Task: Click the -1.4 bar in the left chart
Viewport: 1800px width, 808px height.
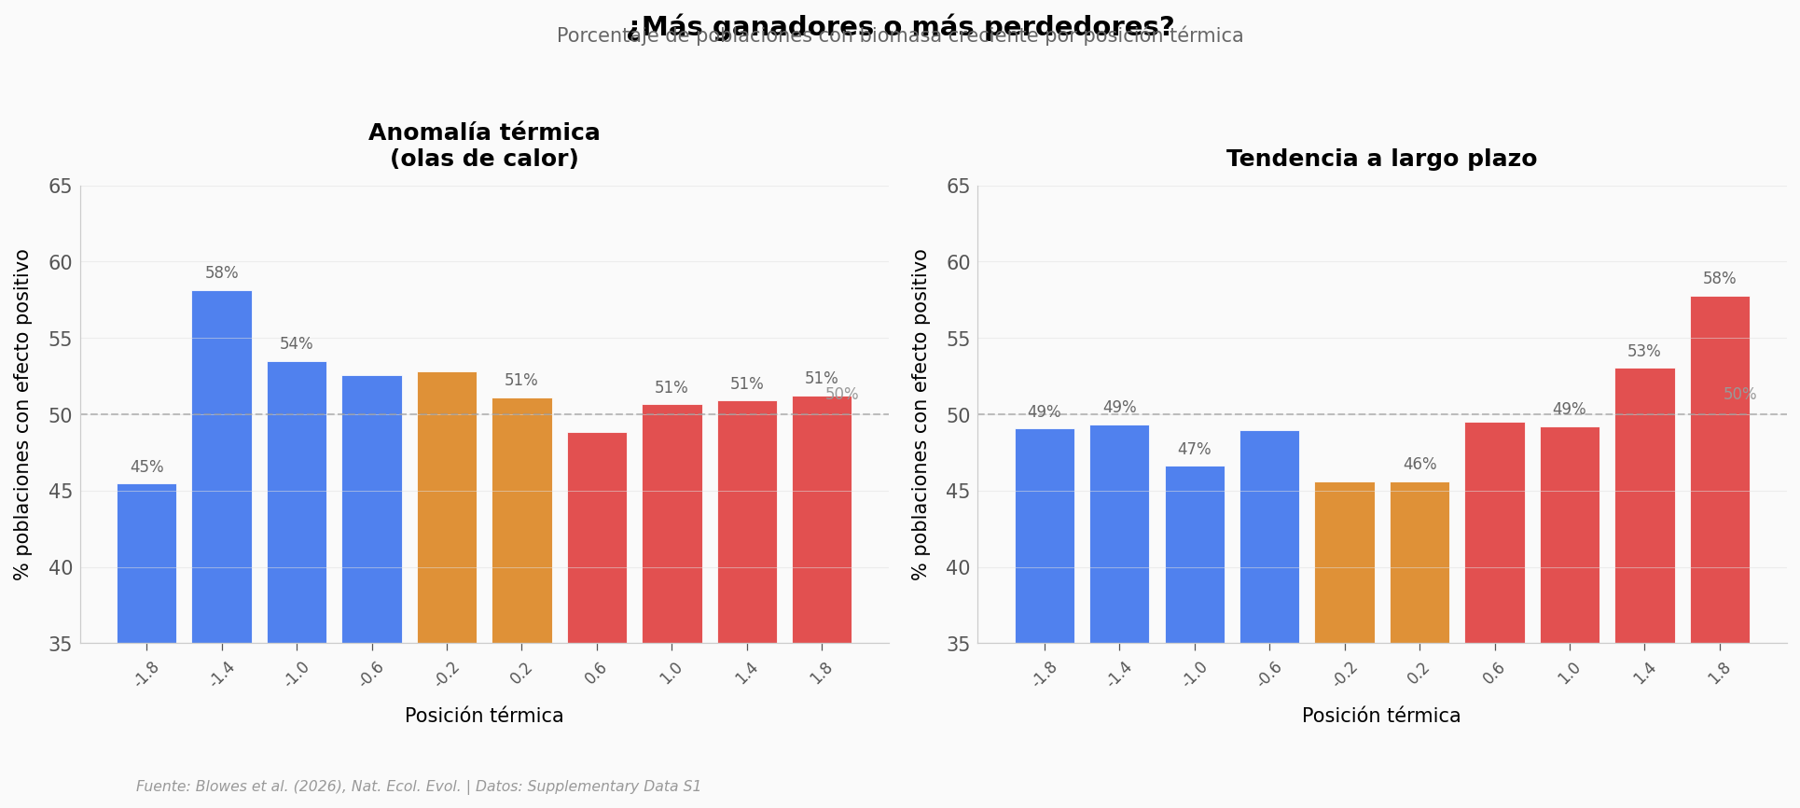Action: pos(222,467)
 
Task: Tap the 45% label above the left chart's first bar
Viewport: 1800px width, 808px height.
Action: pos(146,467)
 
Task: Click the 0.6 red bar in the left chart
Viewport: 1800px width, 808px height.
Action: pos(597,537)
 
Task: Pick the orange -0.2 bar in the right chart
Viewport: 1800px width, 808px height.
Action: pos(1344,563)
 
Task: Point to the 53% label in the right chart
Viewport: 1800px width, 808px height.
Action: pos(1644,352)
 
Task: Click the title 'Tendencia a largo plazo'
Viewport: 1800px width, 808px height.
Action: pos(1381,159)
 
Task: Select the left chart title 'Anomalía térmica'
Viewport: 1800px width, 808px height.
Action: pos(484,133)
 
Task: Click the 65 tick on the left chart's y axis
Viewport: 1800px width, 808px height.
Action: pos(60,186)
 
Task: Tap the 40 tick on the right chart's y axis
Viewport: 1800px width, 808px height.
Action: pos(958,567)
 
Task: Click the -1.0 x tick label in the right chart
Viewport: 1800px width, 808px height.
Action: pos(1194,674)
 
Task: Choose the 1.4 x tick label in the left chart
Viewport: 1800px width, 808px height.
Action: pos(746,674)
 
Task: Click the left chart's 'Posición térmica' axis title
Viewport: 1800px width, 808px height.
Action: pos(484,716)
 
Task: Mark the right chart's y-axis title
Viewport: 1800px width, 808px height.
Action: pos(921,414)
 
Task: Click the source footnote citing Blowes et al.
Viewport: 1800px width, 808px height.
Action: pos(419,787)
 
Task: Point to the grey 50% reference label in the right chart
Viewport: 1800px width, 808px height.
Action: pos(1739,395)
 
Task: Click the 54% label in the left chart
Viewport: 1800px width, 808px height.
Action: pos(297,344)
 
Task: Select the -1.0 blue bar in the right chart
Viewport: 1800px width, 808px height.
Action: pos(1194,554)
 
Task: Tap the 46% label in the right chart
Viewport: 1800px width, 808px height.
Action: pos(1419,465)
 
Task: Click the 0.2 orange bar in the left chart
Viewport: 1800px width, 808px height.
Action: pos(521,521)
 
